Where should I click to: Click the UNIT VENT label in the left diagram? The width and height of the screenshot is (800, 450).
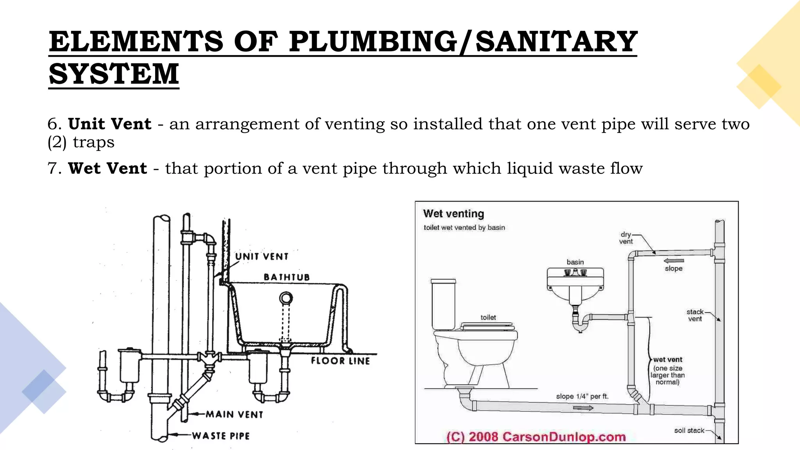coord(262,257)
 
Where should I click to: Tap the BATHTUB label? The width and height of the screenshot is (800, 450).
coord(287,277)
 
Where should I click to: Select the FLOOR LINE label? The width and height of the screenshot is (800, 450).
coord(340,361)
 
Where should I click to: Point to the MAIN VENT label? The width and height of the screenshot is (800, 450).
coord(234,414)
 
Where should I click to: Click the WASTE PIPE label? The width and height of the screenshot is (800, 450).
coord(221,436)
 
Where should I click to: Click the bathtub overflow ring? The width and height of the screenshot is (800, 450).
coord(286,299)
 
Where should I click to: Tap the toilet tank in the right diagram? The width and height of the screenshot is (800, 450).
coord(443,305)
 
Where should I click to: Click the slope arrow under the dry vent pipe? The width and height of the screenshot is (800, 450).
coord(674,261)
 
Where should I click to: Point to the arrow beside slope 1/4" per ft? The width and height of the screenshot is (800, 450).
coord(583,408)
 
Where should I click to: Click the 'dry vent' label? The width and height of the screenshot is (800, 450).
coord(626,238)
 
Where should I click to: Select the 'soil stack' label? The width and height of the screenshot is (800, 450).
coord(689,430)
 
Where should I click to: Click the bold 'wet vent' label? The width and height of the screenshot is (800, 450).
coord(668,359)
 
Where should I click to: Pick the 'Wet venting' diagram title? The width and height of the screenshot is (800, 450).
coord(454,214)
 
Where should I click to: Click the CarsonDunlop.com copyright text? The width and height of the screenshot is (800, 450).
coord(536,436)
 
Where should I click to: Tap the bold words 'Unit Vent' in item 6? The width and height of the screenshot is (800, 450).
coord(109,124)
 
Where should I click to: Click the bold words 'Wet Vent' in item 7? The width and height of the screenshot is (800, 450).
coord(107,168)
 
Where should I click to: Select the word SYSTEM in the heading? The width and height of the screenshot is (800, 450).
coord(114,74)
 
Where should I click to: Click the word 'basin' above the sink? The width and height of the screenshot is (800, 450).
coord(575,262)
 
